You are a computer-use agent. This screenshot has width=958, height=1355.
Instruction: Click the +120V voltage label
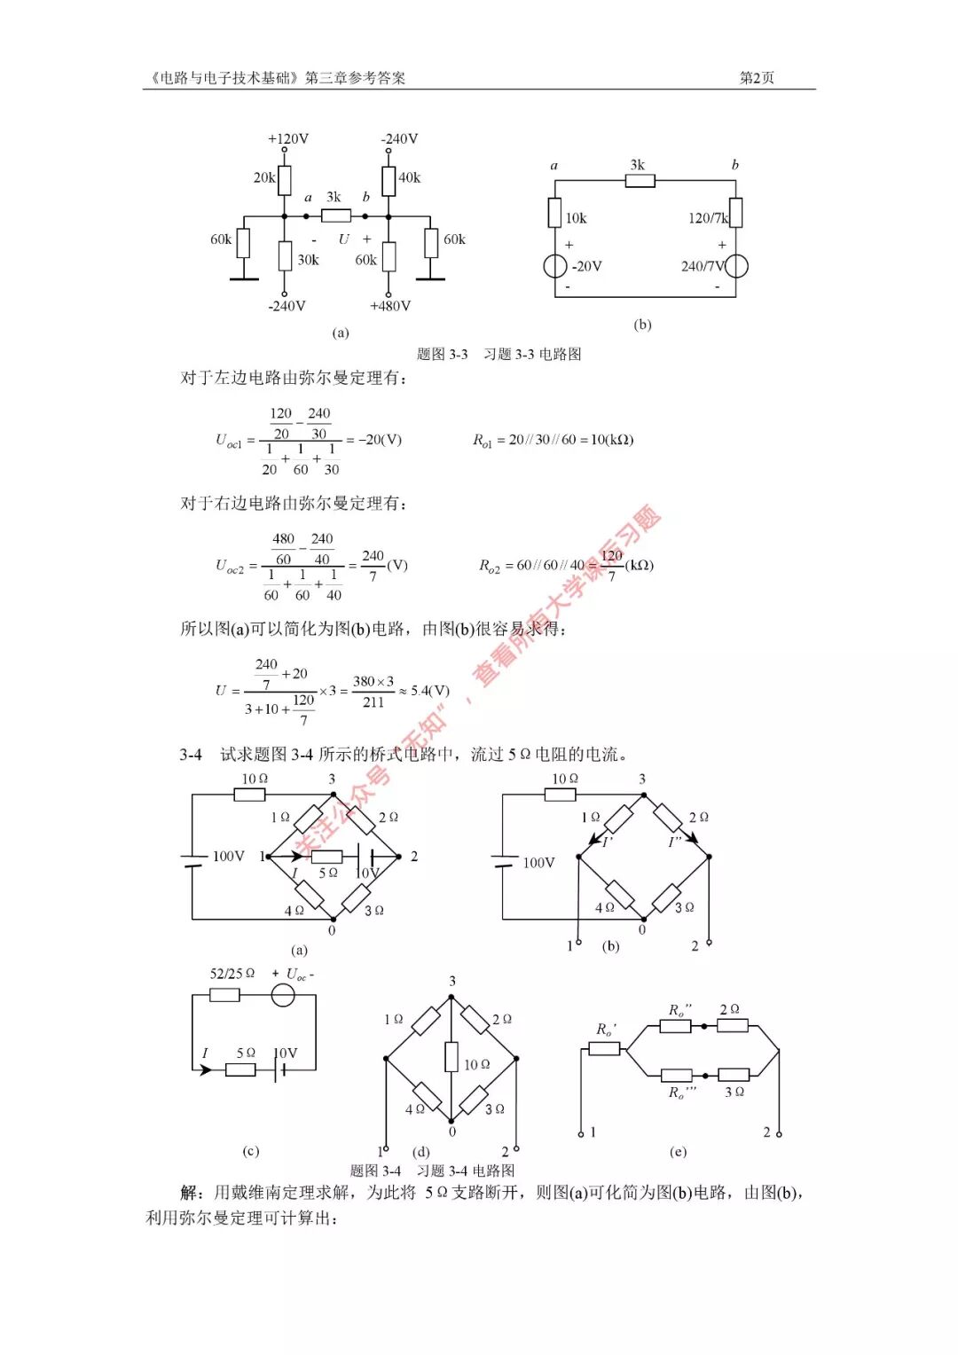[288, 139]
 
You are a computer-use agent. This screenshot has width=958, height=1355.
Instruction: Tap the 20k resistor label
[263, 177]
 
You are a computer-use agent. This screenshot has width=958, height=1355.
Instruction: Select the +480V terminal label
[389, 306]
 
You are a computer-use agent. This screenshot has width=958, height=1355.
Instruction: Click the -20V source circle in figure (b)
[555, 266]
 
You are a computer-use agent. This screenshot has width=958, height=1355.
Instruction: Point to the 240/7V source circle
[736, 266]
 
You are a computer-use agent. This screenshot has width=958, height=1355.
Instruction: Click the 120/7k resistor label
[707, 218]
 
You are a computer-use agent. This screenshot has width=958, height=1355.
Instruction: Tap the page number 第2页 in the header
[757, 78]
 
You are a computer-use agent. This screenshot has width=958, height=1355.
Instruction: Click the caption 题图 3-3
[442, 354]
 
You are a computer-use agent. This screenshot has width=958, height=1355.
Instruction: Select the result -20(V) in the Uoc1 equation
[380, 440]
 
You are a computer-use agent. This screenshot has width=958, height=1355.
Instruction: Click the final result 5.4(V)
[430, 690]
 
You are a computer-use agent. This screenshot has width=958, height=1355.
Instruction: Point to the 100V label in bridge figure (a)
[228, 856]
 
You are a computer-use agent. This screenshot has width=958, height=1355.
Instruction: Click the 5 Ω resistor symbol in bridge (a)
[326, 857]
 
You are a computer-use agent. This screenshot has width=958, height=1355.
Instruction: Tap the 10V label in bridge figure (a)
[367, 873]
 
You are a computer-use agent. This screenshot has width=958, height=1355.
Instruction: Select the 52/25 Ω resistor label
[232, 974]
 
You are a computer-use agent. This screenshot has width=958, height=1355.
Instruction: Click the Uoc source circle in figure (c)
[283, 995]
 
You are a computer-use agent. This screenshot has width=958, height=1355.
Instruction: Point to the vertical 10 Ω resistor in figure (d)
[452, 1056]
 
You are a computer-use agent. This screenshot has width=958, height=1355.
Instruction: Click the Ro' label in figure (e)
[606, 1030]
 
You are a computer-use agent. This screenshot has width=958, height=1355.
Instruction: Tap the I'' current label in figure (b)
[675, 841]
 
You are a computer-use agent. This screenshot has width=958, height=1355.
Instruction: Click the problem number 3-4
[191, 755]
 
